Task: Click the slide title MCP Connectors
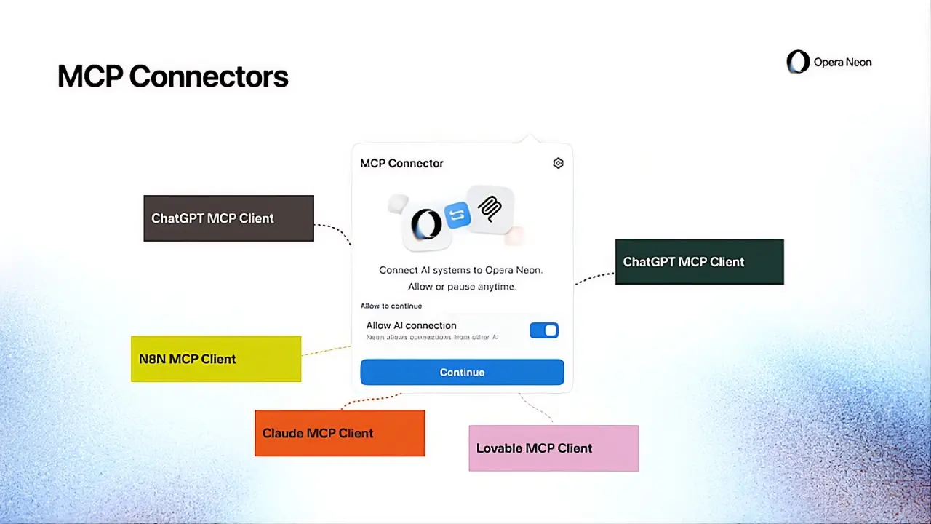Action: [x=173, y=76]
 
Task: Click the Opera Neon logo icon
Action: [x=798, y=62]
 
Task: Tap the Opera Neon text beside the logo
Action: [x=842, y=63]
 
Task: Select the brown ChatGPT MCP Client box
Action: [x=228, y=218]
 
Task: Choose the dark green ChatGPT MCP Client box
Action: [x=699, y=262]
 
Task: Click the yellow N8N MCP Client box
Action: [x=216, y=359]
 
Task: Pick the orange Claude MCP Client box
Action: [x=340, y=433]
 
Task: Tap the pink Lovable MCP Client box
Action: [x=554, y=448]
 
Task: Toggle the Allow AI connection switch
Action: [x=543, y=330]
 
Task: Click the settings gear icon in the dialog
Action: [x=558, y=163]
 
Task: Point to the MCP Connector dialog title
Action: [x=401, y=163]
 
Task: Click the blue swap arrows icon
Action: [x=457, y=215]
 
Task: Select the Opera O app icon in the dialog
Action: [x=425, y=224]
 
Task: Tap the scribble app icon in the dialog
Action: [x=490, y=209]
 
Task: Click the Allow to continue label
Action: [x=391, y=306]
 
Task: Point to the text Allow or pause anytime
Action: [x=461, y=287]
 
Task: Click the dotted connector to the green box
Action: [x=595, y=277]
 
